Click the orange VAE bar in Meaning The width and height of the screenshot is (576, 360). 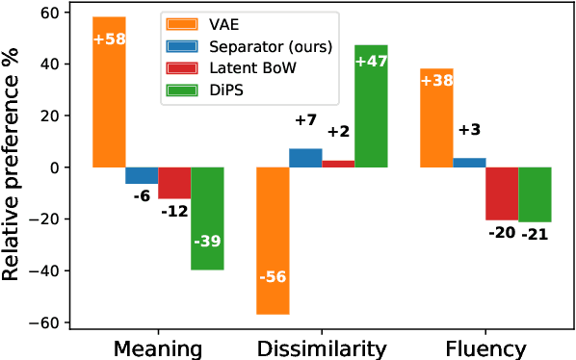coord(109,91)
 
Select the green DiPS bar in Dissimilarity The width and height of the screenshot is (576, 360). coord(371,106)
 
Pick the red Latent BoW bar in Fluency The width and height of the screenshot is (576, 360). coord(502,193)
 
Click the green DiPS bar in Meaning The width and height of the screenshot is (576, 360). coord(207,218)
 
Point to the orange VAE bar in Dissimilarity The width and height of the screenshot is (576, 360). coord(273,241)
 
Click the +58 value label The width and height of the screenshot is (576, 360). coord(109,39)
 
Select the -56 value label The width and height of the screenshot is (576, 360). coord(273,275)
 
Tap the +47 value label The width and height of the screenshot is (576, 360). coord(371,62)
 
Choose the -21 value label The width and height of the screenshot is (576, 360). coord(535,235)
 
